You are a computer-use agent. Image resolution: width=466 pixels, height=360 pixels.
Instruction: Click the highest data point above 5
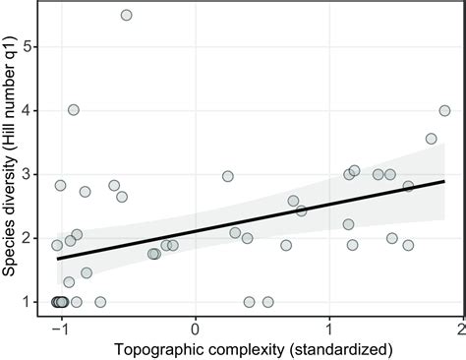click(x=126, y=15)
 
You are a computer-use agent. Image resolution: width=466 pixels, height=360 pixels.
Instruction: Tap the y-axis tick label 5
click(x=35, y=46)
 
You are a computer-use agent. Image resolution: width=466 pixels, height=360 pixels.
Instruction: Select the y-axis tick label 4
click(x=35, y=110)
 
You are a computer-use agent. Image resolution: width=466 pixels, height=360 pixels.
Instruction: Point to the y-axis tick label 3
click(x=35, y=174)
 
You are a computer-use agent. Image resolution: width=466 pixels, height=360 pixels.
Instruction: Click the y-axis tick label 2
click(x=35, y=238)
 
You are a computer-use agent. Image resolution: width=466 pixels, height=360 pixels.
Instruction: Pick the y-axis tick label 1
click(x=35, y=302)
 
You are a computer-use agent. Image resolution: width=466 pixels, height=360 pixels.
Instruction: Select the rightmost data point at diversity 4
click(x=444, y=110)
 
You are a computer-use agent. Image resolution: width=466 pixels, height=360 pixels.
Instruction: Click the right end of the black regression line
click(x=444, y=181)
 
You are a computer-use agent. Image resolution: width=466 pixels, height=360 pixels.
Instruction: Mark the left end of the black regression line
click(x=58, y=259)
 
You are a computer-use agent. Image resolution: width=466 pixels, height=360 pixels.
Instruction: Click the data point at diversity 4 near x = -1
click(x=73, y=110)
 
